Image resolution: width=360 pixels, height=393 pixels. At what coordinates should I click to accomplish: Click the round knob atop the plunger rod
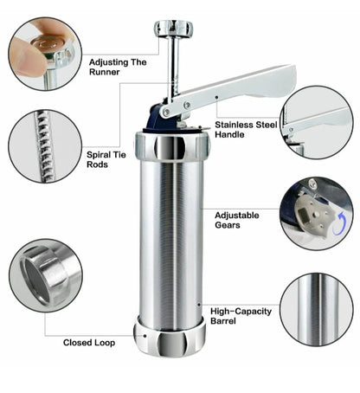(173, 29)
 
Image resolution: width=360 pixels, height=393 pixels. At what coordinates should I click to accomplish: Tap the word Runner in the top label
(104, 72)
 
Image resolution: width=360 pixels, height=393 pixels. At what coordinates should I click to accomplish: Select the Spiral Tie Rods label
(106, 159)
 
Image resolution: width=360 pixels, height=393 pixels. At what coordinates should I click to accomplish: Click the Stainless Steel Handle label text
(246, 130)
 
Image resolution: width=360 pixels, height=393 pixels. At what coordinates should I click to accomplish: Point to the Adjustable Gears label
(236, 220)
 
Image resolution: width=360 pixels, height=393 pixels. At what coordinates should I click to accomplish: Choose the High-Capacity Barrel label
(241, 316)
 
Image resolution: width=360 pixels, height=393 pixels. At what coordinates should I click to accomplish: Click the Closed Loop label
(89, 343)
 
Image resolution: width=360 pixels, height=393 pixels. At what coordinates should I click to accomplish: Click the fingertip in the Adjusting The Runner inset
(28, 56)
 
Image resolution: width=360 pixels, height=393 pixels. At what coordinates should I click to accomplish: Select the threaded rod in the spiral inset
(44, 146)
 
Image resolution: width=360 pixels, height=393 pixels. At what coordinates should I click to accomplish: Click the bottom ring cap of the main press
(170, 340)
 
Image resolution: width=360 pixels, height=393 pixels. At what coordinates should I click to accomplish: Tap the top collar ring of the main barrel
(172, 145)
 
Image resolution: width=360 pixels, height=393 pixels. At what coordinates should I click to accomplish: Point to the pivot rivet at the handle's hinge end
(166, 112)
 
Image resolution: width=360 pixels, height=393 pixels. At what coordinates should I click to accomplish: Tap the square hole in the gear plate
(304, 215)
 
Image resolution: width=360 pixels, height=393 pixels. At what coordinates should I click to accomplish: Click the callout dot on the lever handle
(216, 97)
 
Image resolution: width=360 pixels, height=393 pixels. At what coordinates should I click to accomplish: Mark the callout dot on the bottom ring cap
(145, 336)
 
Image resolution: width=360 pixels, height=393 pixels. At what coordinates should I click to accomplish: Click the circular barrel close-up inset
(317, 310)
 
